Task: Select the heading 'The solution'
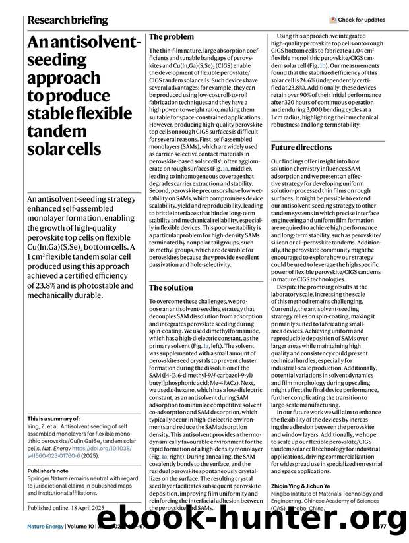pos(171,288)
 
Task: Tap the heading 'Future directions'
pos(301,148)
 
